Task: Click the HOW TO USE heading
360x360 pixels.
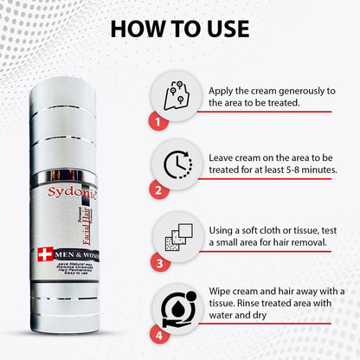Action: click(179, 28)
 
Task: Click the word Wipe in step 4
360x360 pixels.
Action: click(223, 292)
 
